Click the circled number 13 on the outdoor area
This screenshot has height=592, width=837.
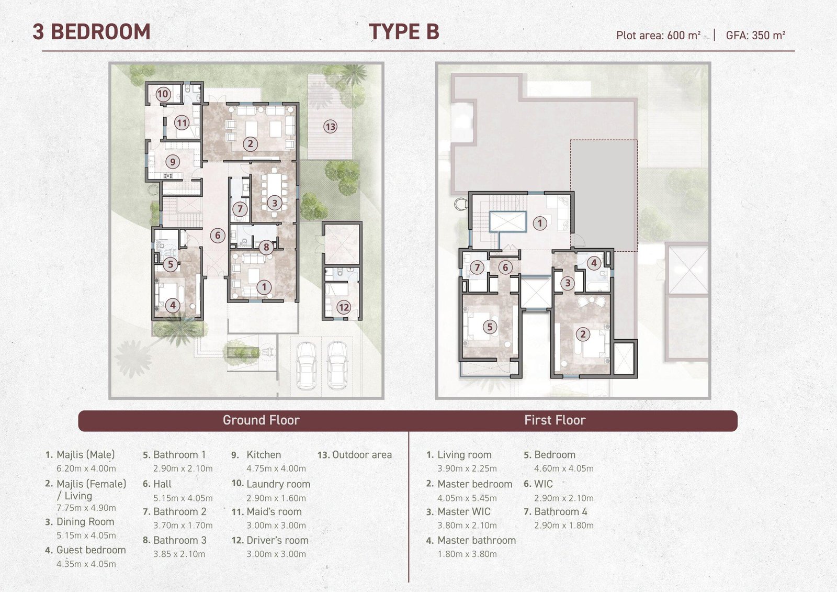click(x=330, y=127)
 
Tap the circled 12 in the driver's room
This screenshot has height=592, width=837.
click(x=344, y=307)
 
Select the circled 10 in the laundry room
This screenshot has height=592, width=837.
click(x=163, y=94)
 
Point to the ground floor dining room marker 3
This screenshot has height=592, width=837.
click(x=275, y=203)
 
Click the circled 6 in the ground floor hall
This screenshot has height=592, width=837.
click(x=218, y=235)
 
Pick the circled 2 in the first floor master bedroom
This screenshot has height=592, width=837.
click(x=583, y=334)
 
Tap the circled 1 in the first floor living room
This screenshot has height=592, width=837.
click(x=539, y=224)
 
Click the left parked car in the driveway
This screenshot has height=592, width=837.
click(x=307, y=366)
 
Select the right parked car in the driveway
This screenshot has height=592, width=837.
click(x=337, y=366)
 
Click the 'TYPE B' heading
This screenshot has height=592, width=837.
click(x=404, y=31)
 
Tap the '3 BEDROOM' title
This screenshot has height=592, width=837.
click(x=92, y=31)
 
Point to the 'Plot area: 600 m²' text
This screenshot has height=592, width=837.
click(x=659, y=36)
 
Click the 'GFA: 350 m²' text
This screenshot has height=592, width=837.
click(x=755, y=36)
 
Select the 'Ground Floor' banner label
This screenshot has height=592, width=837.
click(x=261, y=420)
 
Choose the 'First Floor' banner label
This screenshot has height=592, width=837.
click(x=555, y=420)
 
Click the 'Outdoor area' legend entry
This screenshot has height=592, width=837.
click(x=355, y=455)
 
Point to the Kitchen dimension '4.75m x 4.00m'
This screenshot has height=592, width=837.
click(x=276, y=468)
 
